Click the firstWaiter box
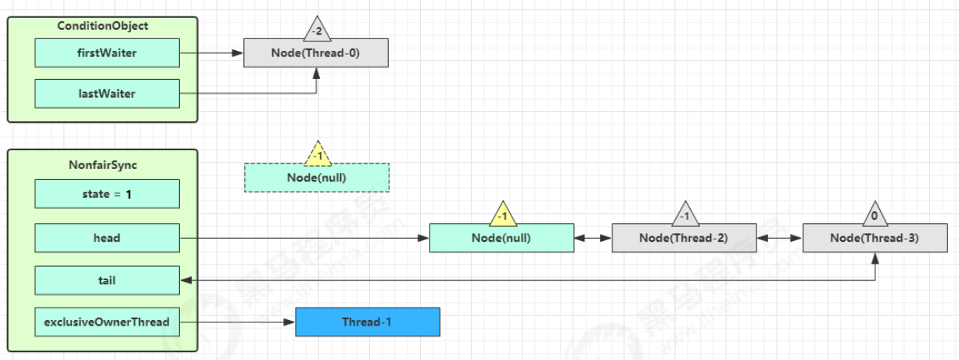[107, 53]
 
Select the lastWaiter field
[107, 94]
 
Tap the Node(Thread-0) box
[315, 53]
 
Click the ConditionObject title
[102, 26]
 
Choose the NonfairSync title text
[102, 166]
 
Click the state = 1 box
[107, 193]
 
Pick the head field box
[107, 237]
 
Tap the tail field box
[107, 279]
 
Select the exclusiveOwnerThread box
[107, 322]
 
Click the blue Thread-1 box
[368, 322]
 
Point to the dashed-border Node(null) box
[316, 178]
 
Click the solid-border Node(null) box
[501, 238]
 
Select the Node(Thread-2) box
[684, 238]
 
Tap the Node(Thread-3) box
[875, 238]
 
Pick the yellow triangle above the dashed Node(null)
[318, 154]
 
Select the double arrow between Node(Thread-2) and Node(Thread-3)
[779, 237]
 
